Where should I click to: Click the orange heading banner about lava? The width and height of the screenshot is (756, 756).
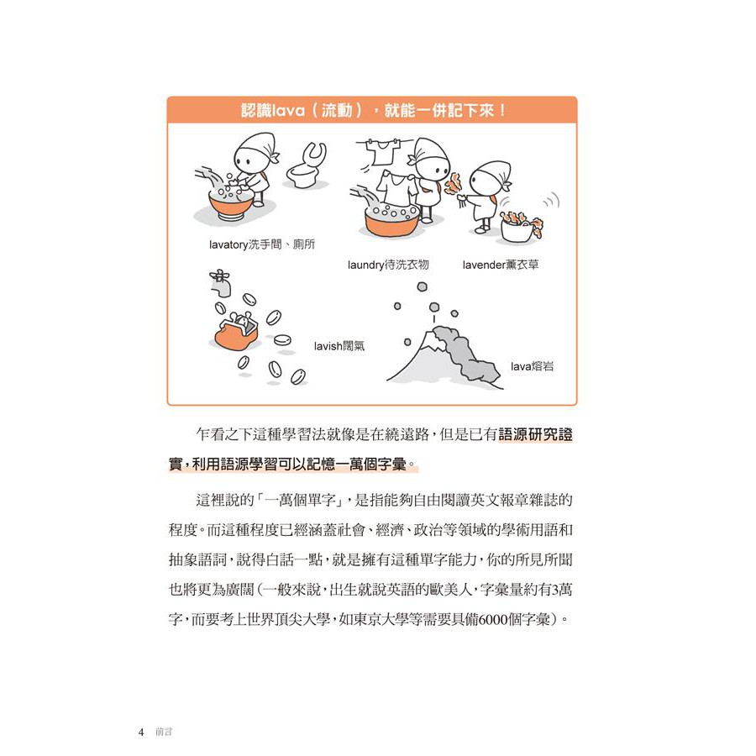click(x=372, y=110)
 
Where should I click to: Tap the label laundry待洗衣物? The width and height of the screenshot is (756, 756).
click(x=388, y=265)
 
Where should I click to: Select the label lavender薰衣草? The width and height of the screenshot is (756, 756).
click(x=500, y=265)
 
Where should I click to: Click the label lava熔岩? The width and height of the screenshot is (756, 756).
click(x=533, y=367)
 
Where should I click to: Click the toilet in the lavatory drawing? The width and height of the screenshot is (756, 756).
click(x=305, y=166)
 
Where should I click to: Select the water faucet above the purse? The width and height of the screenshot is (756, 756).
click(x=219, y=282)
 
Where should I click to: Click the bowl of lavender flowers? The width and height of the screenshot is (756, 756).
click(x=522, y=224)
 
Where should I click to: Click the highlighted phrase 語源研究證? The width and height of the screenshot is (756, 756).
click(x=538, y=435)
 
